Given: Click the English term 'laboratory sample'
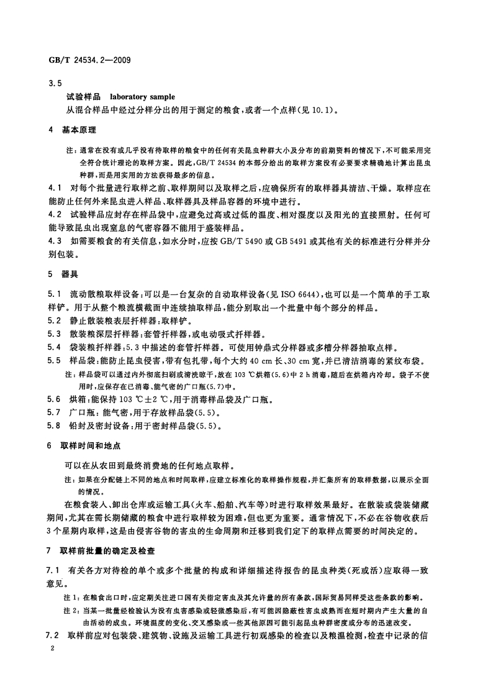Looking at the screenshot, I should (142, 97).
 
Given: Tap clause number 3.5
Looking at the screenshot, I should (55, 83).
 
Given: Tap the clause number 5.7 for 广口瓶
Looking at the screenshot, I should (54, 412).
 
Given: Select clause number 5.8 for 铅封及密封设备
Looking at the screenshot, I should (54, 426).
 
